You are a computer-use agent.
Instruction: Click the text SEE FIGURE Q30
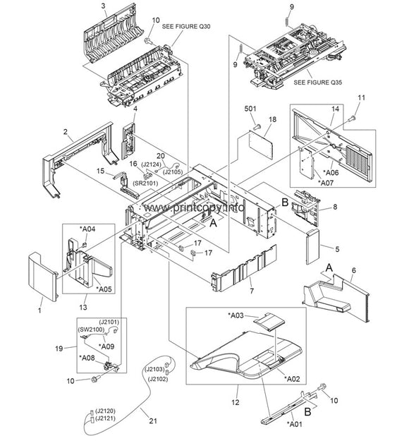pyautogui.click(x=186, y=26)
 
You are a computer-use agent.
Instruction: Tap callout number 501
pyautogui.click(x=250, y=109)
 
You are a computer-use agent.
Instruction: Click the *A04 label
pyautogui.click(x=87, y=228)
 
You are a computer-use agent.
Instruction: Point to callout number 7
pyautogui.click(x=251, y=290)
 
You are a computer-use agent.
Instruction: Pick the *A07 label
pyautogui.click(x=326, y=182)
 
